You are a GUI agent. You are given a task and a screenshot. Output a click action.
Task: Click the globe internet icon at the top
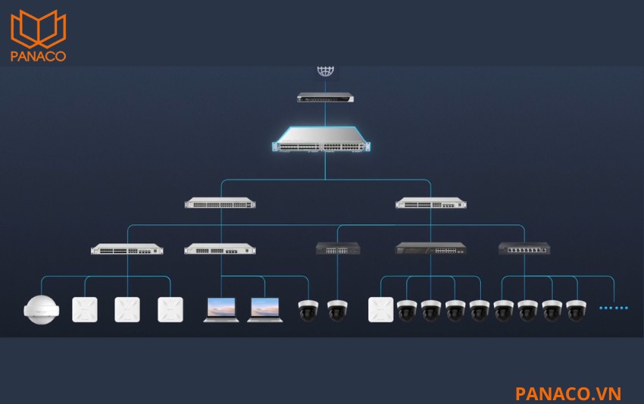(x=325, y=71)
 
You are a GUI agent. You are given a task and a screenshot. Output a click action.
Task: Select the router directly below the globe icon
(x=325, y=98)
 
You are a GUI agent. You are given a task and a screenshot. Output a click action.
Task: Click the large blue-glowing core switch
(x=321, y=139)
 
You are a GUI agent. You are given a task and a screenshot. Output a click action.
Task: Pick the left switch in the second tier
(x=220, y=203)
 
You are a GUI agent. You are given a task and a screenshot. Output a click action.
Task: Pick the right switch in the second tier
(x=431, y=203)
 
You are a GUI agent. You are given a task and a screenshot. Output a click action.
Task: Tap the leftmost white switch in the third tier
(x=127, y=249)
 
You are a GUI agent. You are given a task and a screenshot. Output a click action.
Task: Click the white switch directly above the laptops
(x=220, y=249)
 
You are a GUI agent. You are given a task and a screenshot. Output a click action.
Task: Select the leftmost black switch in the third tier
(x=338, y=248)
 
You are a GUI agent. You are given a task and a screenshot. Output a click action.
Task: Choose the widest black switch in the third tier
(x=430, y=248)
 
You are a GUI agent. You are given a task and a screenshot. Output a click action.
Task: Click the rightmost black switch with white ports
(x=524, y=248)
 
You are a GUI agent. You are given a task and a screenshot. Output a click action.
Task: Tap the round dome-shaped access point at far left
(x=41, y=309)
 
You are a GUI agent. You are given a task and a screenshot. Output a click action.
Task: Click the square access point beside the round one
(x=85, y=309)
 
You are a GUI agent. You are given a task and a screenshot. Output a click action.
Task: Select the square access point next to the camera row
(x=381, y=309)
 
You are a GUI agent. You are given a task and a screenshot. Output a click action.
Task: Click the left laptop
(x=221, y=310)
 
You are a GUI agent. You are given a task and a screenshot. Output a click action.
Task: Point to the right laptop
(x=265, y=310)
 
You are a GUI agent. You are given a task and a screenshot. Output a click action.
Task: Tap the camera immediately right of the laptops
(x=308, y=310)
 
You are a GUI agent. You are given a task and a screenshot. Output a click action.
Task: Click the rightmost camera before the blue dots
(x=577, y=310)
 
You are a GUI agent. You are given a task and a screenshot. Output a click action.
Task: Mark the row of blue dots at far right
(x=614, y=308)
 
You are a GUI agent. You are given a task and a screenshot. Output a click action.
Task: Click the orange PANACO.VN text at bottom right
(x=568, y=393)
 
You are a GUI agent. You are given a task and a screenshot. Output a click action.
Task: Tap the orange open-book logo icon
(x=38, y=29)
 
